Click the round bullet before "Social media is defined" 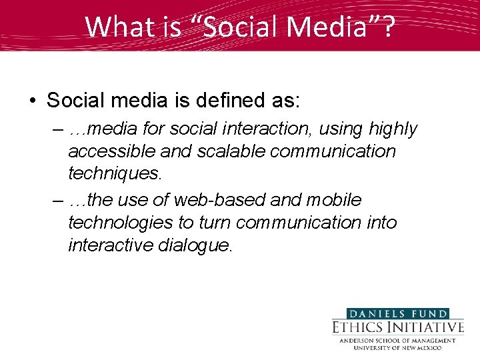pos(33,101)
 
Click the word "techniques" pos(113,174)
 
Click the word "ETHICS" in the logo pos(361,327)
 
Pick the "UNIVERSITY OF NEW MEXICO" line pos(397,347)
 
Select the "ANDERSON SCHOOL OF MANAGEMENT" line pos(398,340)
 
